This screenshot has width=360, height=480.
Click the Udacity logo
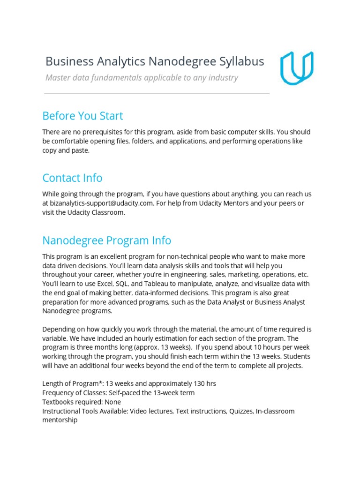point(297,68)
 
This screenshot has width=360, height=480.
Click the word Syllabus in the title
point(241,61)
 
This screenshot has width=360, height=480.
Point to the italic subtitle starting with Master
point(142,78)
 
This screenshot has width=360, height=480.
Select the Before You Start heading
point(82,116)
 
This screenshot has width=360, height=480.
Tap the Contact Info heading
point(72,178)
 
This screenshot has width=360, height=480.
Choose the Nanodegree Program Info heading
point(106,240)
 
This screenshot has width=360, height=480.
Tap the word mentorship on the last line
point(60,420)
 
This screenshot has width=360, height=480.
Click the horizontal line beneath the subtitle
point(157,94)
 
